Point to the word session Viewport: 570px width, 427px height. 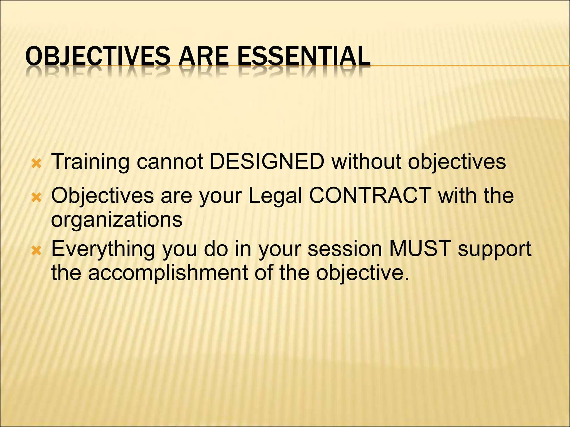345,249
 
